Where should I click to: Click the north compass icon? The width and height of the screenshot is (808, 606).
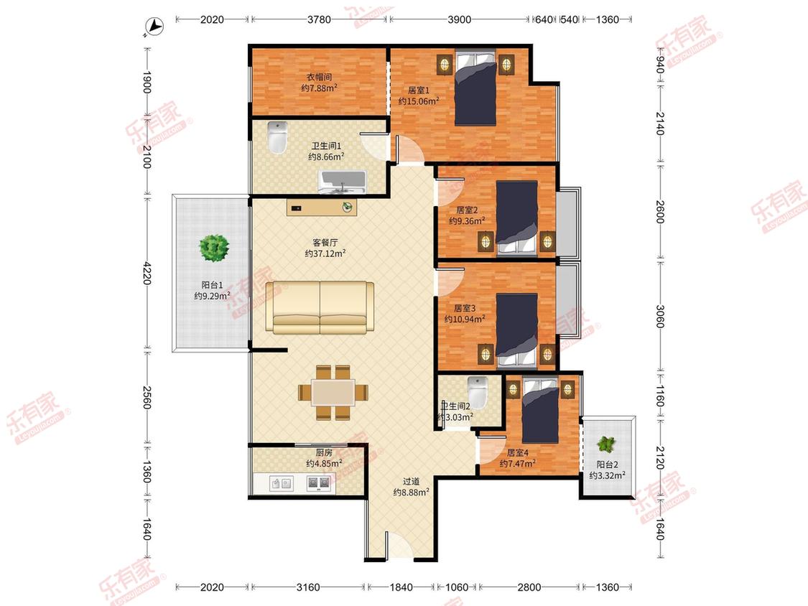pos(154,27)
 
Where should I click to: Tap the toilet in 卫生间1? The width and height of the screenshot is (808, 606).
pos(277,138)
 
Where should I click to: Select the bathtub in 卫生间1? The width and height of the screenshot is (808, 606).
pos(342,182)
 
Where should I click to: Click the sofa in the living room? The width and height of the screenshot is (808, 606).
pos(320,307)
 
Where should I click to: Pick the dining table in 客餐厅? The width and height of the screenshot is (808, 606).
pos(333,393)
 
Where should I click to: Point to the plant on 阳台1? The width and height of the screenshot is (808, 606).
pos(214,248)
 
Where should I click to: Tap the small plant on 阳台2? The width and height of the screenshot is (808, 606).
pos(606,444)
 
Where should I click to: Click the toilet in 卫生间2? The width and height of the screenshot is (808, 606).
pos(477,391)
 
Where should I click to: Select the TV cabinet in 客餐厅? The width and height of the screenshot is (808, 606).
pos(322,208)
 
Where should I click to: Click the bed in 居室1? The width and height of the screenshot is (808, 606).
pos(475,87)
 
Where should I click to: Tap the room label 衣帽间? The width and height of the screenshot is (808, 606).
pos(320,78)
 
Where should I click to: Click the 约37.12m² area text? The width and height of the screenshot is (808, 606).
pos(325,253)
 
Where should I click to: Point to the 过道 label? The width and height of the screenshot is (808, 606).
pos(412,481)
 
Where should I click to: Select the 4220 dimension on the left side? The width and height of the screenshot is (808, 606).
pos(147,273)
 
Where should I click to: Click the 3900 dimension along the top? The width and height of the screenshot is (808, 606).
pos(459,19)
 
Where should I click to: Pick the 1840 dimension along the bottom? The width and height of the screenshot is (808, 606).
pos(401,587)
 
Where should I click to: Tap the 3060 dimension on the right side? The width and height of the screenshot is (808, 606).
pos(660,317)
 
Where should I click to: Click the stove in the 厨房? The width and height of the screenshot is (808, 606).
pos(318,483)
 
